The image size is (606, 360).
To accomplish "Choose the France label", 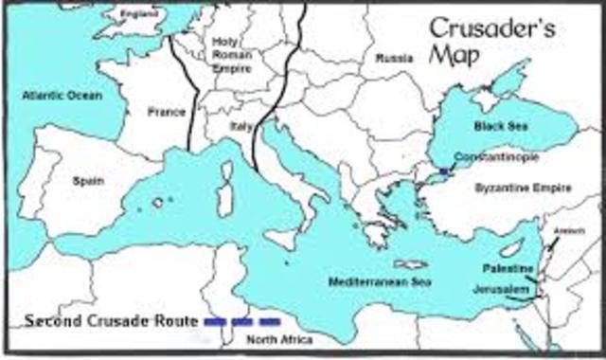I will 166,112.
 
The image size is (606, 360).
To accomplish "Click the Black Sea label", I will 496,125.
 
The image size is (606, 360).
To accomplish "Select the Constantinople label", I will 489,155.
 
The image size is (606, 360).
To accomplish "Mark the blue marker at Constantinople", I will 447,171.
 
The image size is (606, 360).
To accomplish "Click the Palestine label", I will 513,271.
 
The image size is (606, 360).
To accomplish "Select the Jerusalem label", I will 510,287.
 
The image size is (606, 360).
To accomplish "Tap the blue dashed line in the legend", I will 242,322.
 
